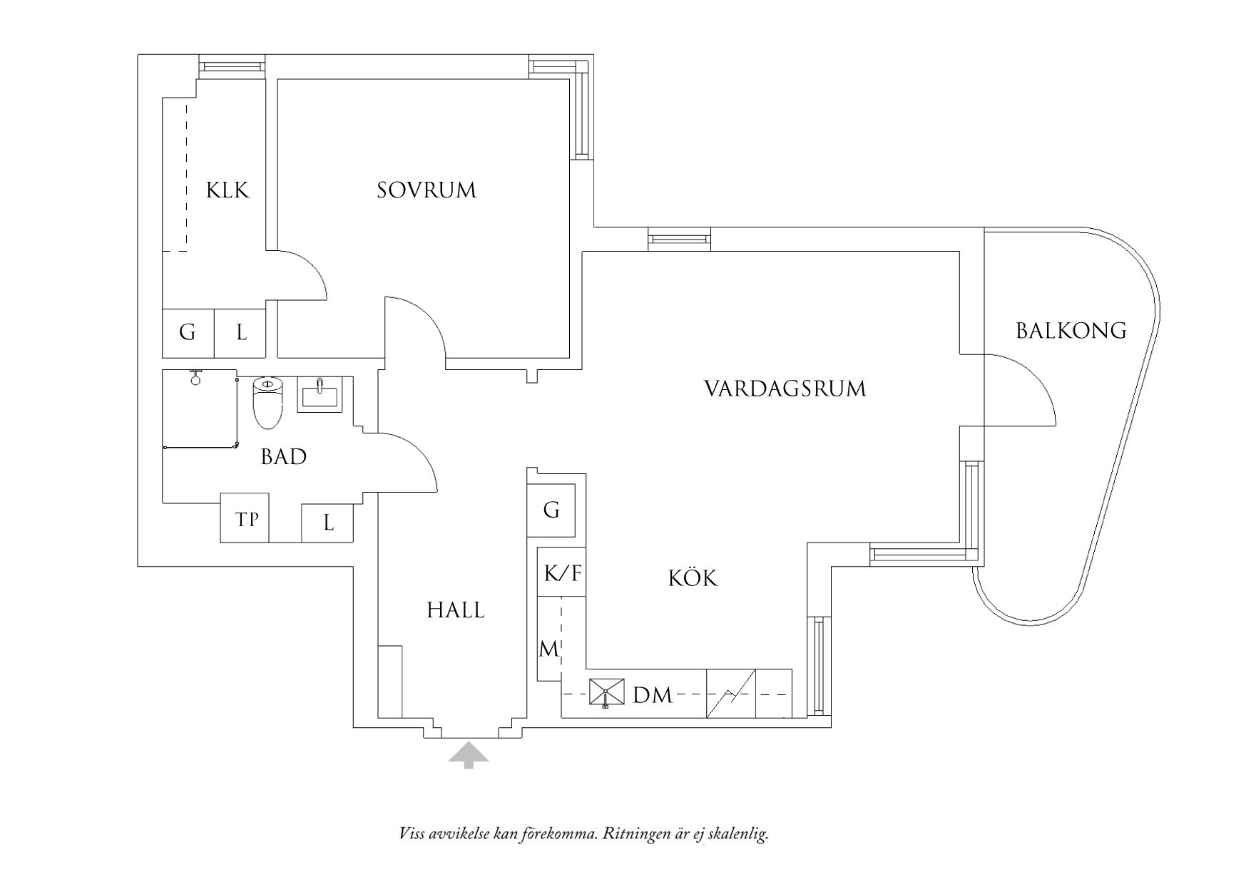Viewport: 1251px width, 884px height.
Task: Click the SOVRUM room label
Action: (427, 190)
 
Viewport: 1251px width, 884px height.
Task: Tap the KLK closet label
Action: (228, 190)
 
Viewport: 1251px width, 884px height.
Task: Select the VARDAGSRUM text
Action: (785, 389)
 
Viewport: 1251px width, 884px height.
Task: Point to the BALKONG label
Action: (1071, 331)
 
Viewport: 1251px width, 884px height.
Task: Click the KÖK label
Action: (693, 577)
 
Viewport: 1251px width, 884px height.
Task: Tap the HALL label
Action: (455, 610)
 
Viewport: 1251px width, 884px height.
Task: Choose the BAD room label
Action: (284, 457)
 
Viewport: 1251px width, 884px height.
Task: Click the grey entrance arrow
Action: (469, 754)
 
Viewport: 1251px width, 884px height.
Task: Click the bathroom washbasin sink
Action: (320, 394)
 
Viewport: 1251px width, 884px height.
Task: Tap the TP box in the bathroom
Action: (247, 520)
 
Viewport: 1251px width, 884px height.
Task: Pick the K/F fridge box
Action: (562, 573)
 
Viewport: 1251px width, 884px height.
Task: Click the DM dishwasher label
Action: (653, 695)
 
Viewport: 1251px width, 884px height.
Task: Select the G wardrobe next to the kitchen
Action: (551, 510)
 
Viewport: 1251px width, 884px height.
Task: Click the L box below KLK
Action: (241, 332)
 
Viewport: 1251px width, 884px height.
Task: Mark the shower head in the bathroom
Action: (195, 377)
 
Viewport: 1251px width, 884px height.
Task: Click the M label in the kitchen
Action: (548, 649)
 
